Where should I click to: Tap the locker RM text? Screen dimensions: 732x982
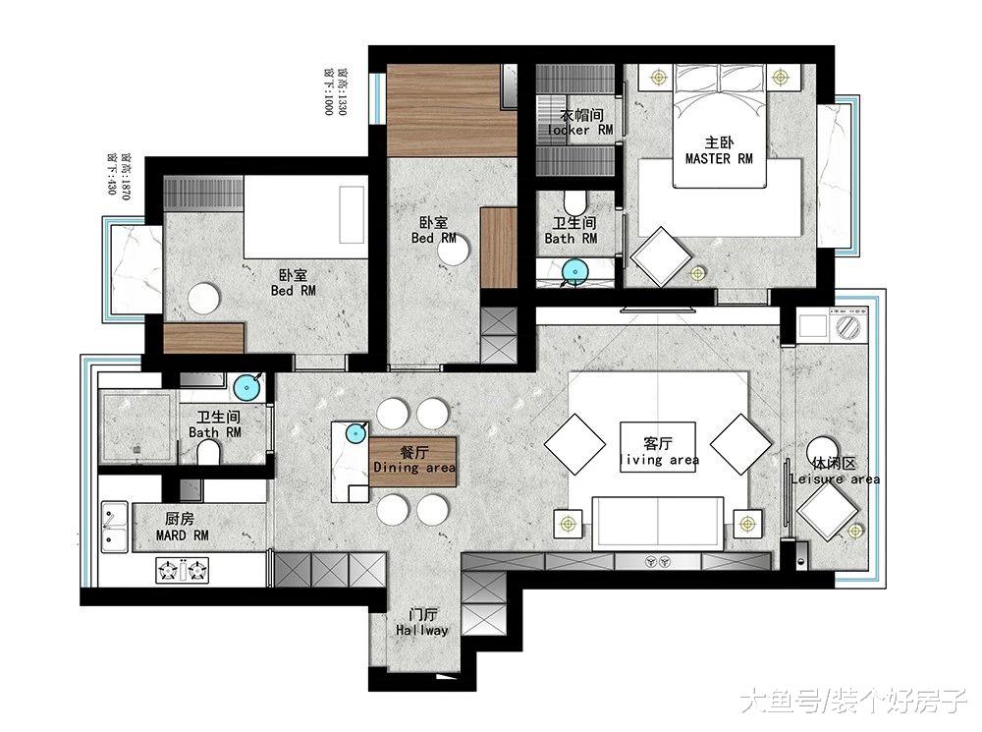579,130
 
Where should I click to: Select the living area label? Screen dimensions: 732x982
658,460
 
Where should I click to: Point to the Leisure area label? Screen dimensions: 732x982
835,479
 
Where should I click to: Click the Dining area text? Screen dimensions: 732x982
413,469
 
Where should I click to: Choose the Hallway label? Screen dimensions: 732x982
422,630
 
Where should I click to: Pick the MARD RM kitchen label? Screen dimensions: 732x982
183,535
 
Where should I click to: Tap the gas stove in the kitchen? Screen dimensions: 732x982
183,568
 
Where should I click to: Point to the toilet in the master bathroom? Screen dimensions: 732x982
577,203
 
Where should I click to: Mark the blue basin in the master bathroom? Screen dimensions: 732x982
573,271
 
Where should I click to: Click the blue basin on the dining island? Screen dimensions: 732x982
355,430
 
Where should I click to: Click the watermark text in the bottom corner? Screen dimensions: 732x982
851,700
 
